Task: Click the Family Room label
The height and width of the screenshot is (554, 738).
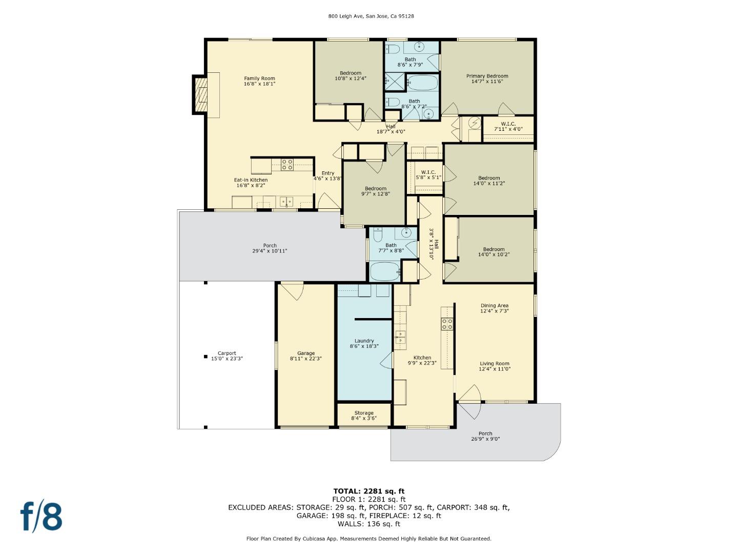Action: [259, 78]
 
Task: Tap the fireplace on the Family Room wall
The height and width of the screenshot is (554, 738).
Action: [201, 94]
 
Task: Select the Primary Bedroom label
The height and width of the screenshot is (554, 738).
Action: [487, 76]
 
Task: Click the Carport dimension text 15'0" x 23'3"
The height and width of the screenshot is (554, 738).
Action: [227, 359]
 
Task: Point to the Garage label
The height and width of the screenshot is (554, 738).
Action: [305, 353]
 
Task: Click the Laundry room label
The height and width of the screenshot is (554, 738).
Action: [364, 341]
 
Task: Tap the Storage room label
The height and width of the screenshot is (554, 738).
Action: [364, 413]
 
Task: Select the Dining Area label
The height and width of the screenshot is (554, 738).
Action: [494, 306]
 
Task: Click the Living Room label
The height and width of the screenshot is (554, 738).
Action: [494, 363]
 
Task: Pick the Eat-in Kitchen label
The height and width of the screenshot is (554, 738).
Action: [251, 180]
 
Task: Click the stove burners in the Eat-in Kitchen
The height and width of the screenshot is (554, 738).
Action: [287, 165]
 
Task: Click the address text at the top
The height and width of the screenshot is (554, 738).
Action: [371, 16]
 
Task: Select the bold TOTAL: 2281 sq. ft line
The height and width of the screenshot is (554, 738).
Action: [369, 491]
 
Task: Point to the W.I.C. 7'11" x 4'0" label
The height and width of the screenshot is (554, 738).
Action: [508, 127]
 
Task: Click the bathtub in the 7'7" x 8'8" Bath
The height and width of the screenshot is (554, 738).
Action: [385, 271]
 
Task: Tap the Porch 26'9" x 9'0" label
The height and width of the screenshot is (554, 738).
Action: [485, 436]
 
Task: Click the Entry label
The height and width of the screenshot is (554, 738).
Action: [328, 173]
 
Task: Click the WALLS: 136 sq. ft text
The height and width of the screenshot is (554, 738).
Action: [369, 524]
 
